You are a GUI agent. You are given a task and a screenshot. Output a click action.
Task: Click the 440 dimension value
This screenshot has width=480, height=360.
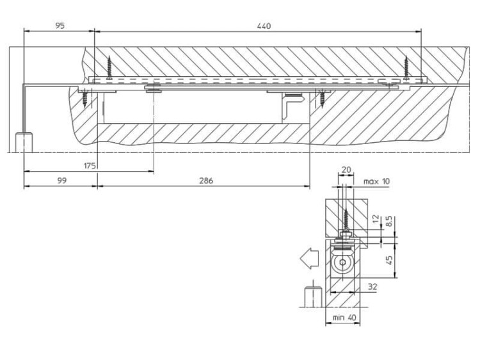(264, 26)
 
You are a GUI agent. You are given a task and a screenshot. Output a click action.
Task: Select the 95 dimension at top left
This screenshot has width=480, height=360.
(60, 26)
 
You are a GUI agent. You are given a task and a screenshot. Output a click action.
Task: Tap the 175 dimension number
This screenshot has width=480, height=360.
(90, 166)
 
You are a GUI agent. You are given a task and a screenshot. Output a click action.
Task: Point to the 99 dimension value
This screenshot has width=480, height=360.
(61, 181)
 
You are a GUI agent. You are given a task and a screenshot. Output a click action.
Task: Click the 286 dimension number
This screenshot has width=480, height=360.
(205, 181)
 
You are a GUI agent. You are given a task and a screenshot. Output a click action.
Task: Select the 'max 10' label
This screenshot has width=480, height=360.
(376, 181)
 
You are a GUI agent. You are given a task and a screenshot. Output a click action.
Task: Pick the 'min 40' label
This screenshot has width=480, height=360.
(344, 317)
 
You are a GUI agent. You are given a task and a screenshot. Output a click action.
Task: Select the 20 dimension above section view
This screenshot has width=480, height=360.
(346, 169)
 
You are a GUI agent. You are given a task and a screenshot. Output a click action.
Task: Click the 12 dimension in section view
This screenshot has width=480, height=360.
(376, 221)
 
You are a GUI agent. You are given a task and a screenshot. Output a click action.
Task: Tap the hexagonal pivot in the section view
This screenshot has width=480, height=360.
(344, 263)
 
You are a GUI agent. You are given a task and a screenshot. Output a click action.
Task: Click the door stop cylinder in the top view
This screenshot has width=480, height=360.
(23, 142)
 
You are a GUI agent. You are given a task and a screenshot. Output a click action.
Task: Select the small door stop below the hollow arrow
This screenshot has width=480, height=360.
(310, 299)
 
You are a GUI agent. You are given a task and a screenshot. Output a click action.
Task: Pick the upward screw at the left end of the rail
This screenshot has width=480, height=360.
(110, 67)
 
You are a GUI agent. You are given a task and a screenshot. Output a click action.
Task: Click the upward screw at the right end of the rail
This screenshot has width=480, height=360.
(406, 67)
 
